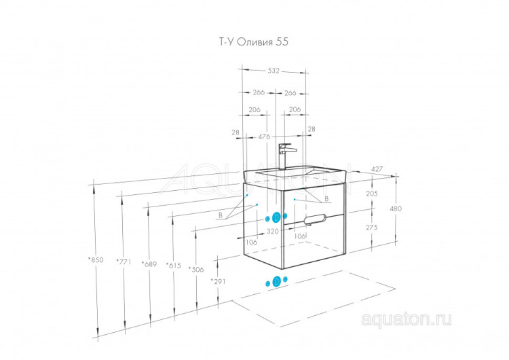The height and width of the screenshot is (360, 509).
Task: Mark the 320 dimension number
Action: point(272,231)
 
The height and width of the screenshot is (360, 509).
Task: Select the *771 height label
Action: point(123,262)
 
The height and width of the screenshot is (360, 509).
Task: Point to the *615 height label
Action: point(173,265)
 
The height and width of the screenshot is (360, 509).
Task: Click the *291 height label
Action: point(218,281)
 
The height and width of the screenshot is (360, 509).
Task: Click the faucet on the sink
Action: point(284,154)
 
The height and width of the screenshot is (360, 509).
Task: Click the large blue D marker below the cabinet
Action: point(277,282)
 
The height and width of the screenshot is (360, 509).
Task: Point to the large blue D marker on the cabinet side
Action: point(276,217)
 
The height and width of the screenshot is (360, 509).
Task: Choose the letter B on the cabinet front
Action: point(326,198)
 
